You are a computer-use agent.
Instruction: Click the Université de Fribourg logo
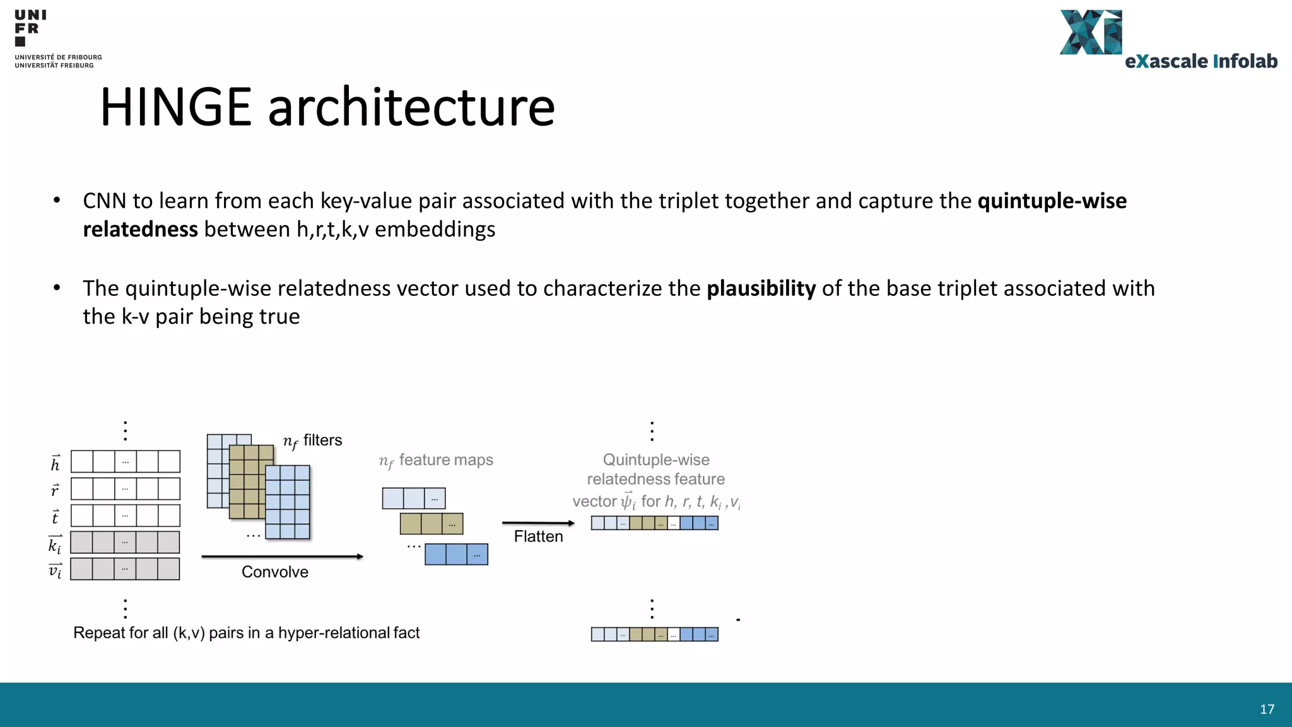pyautogui.click(x=57, y=38)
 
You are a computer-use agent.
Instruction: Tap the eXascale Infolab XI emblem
pyautogui.click(x=1091, y=33)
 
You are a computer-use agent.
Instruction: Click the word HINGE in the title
pyautogui.click(x=176, y=107)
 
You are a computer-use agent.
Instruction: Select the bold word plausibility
pyautogui.click(x=761, y=288)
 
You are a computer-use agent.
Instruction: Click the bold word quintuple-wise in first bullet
pyautogui.click(x=1052, y=201)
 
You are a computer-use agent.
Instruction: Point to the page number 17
pyautogui.click(x=1267, y=709)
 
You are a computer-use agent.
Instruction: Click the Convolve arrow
pyautogui.click(x=282, y=557)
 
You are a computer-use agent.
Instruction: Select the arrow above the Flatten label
pyautogui.click(x=537, y=523)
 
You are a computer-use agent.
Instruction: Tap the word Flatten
pyautogui.click(x=538, y=536)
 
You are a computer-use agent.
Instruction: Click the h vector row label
pyautogui.click(x=56, y=463)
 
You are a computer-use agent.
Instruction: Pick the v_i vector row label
pyautogui.click(x=56, y=570)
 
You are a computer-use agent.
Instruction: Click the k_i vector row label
pyautogui.click(x=56, y=544)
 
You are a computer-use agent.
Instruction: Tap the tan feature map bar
pyautogui.click(x=432, y=524)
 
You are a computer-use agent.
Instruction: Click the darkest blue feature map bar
pyautogui.click(x=456, y=554)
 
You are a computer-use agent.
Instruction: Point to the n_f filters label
pyautogui.click(x=312, y=440)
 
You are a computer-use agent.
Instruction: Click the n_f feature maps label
pyautogui.click(x=436, y=461)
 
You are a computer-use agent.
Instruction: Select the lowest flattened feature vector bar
pyautogui.click(x=654, y=634)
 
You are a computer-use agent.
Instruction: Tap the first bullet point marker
pyautogui.click(x=57, y=201)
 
